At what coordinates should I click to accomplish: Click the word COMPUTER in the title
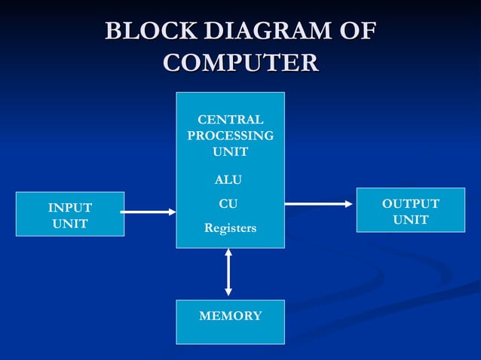[x=240, y=63]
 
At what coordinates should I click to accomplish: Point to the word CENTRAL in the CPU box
[x=230, y=120]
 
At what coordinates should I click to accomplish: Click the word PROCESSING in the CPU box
[x=230, y=136]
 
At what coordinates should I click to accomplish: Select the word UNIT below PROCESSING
[x=230, y=151]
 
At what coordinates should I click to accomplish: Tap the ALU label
[x=229, y=180]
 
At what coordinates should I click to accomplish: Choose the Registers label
[x=230, y=227]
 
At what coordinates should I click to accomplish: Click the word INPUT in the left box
[x=70, y=208]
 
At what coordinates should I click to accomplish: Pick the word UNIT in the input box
[x=70, y=224]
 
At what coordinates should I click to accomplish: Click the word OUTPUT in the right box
[x=410, y=204]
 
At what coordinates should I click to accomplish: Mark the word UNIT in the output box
[x=410, y=220]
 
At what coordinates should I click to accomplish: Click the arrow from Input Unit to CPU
[x=148, y=212]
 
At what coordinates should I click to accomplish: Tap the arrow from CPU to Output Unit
[x=318, y=203]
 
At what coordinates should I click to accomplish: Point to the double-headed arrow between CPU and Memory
[x=228, y=272]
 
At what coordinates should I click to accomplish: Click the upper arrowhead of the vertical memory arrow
[x=228, y=254]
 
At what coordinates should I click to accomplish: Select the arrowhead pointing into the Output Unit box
[x=348, y=203]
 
